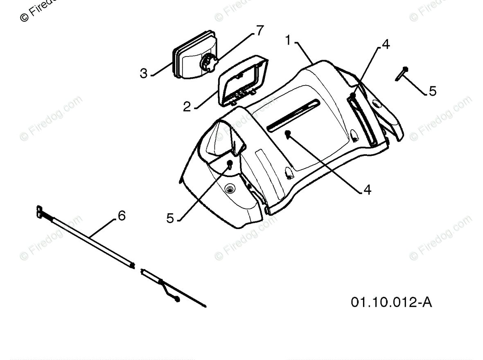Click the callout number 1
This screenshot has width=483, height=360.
click(x=288, y=40)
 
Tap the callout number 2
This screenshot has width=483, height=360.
click(x=187, y=107)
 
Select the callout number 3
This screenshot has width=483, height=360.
click(x=143, y=74)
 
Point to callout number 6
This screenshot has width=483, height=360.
click(x=122, y=215)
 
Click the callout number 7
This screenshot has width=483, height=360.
click(x=260, y=31)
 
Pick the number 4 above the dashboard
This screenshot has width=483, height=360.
click(x=386, y=44)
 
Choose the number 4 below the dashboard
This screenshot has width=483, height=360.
click(x=367, y=189)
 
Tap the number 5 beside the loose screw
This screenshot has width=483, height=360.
click(x=432, y=91)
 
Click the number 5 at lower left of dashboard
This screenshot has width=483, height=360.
click(x=170, y=218)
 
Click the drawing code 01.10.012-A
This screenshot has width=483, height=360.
click(x=391, y=302)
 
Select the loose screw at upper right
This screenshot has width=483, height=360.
click(x=401, y=74)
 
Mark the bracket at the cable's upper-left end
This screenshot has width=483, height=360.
click(x=40, y=211)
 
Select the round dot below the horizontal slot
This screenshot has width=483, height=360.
click(x=288, y=133)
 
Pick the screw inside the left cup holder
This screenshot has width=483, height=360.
click(x=230, y=164)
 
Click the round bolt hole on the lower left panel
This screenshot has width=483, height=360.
click(x=230, y=189)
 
